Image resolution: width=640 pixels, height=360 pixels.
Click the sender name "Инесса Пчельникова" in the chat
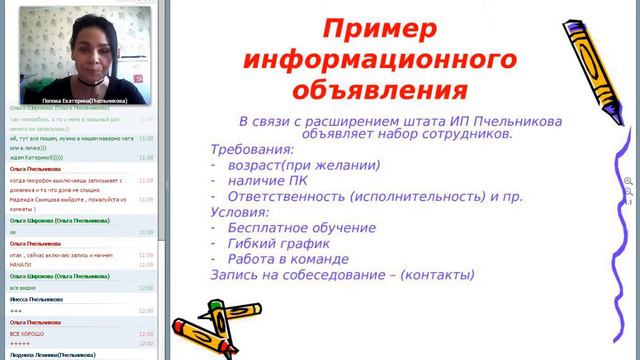[x=36, y=299]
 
